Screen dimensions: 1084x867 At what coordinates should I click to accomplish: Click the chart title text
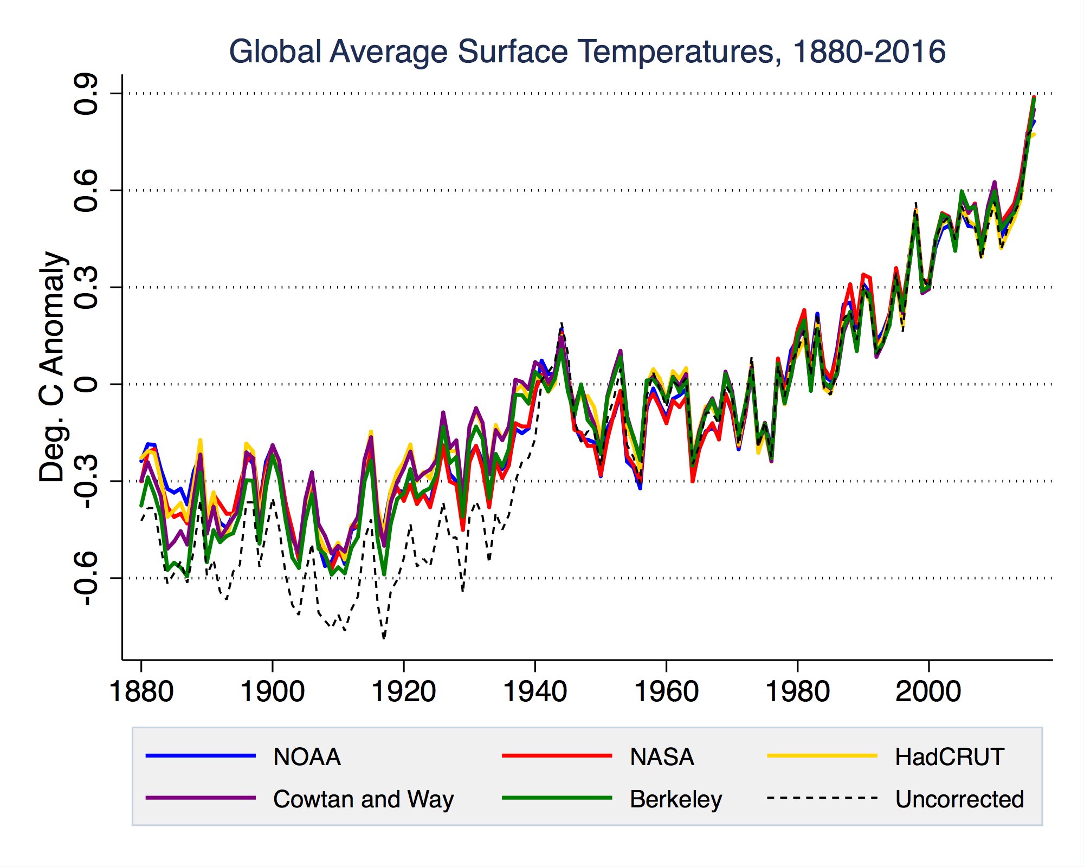point(588,52)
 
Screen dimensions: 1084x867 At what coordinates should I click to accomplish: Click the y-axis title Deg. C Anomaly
point(53,367)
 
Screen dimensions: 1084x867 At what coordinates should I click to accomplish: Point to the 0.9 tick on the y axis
point(87,94)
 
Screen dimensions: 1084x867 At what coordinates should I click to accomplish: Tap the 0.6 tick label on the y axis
point(87,190)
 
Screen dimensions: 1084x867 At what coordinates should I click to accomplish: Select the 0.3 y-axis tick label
point(87,287)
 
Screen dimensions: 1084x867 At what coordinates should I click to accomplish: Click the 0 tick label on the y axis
point(87,384)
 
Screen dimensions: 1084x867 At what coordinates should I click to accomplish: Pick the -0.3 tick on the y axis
point(87,481)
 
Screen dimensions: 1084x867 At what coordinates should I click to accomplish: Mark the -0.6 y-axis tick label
point(87,578)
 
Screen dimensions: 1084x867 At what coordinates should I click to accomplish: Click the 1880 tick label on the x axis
point(141,691)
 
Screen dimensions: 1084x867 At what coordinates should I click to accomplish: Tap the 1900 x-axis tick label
point(273,691)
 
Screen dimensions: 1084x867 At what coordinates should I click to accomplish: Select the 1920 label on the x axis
point(404,691)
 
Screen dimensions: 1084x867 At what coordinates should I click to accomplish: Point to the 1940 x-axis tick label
point(535,691)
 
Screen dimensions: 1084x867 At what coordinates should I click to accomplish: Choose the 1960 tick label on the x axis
point(666,691)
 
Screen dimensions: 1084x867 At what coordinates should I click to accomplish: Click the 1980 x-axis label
point(798,691)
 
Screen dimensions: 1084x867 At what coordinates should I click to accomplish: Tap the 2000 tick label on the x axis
point(929,691)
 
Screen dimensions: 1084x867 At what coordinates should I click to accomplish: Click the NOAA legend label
point(307,757)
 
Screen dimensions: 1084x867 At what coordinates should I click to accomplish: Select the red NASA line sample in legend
point(557,756)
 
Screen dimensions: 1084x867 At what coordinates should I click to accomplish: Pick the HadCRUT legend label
point(950,757)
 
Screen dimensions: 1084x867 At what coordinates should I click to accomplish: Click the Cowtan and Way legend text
point(363,800)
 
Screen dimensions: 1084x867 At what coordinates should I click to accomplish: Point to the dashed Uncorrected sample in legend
point(822,798)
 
